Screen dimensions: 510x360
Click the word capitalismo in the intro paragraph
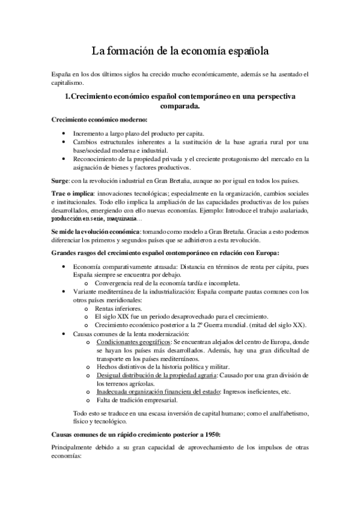pyautogui.click(x=69, y=82)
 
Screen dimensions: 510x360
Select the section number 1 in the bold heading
pyautogui.click(x=67, y=96)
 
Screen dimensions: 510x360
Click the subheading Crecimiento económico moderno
pyautogui.click(x=95, y=120)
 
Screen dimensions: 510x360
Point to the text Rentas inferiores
pyautogui.click(x=115, y=308)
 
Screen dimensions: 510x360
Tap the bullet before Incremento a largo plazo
pyautogui.click(x=65, y=133)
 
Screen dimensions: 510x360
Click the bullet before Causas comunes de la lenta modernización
pyautogui.click(x=65, y=333)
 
